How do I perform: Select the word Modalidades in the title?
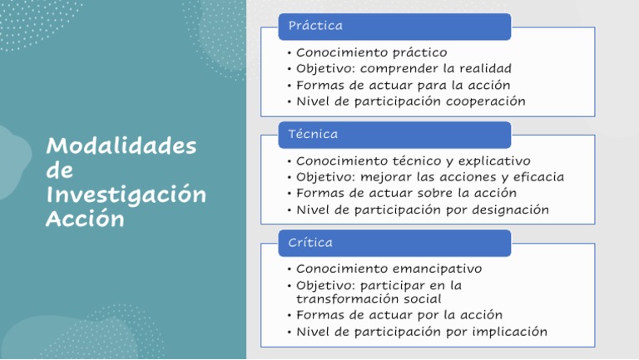point(121,145)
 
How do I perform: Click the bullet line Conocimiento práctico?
point(371,52)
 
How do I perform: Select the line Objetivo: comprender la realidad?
point(404,68)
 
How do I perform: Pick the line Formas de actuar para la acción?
point(403,85)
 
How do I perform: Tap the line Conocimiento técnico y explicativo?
point(413,160)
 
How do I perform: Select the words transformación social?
point(369,298)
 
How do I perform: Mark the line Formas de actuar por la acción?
point(399,315)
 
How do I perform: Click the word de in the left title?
point(60,170)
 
